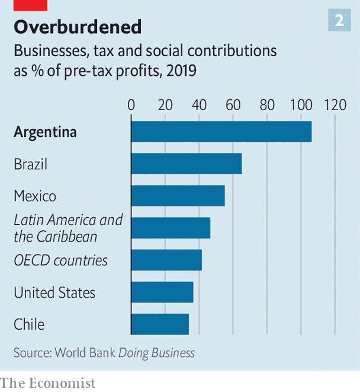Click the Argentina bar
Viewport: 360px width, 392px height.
221,131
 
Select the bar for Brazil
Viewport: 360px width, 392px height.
186,164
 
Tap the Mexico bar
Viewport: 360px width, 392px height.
178,196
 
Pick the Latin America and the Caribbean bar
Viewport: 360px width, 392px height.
171,228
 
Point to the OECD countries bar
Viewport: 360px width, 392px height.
166,260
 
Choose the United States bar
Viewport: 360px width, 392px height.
162,292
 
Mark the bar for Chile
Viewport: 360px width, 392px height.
160,324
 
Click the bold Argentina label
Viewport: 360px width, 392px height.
45,132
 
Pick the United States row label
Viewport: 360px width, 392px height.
54,293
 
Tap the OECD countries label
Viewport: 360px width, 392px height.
61,261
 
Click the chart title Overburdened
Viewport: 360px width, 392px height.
77,27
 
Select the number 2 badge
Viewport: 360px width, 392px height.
339,20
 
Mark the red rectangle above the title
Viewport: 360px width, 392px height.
31,5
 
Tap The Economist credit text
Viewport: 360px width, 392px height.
48,383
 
